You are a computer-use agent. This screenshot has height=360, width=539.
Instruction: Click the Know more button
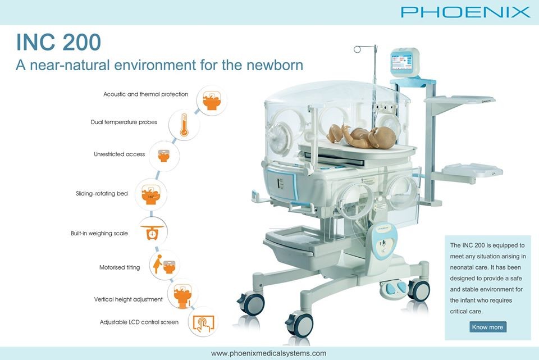(487, 327)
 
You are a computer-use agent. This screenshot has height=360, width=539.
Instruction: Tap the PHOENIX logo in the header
(465, 12)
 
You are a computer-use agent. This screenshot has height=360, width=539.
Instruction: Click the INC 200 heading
(59, 42)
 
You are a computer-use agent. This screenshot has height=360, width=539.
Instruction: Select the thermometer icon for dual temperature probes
(184, 125)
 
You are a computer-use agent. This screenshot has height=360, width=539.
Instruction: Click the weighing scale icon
(152, 232)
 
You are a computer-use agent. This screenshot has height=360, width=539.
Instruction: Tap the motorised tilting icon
(165, 265)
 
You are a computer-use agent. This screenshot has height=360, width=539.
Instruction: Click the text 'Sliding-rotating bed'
(102, 194)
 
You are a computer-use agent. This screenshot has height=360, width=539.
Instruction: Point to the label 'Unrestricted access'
(119, 154)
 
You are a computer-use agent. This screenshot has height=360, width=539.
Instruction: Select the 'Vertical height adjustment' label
(128, 299)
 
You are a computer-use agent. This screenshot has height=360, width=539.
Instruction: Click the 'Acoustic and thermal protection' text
(146, 94)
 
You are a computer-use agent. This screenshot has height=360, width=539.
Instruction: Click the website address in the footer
(268, 353)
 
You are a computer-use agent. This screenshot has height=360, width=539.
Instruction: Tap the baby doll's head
(383, 138)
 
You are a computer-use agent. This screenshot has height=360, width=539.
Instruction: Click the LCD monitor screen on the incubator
(401, 62)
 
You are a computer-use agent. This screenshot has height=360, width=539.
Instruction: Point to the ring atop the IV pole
(357, 49)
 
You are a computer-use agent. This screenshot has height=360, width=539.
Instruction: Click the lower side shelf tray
(472, 170)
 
